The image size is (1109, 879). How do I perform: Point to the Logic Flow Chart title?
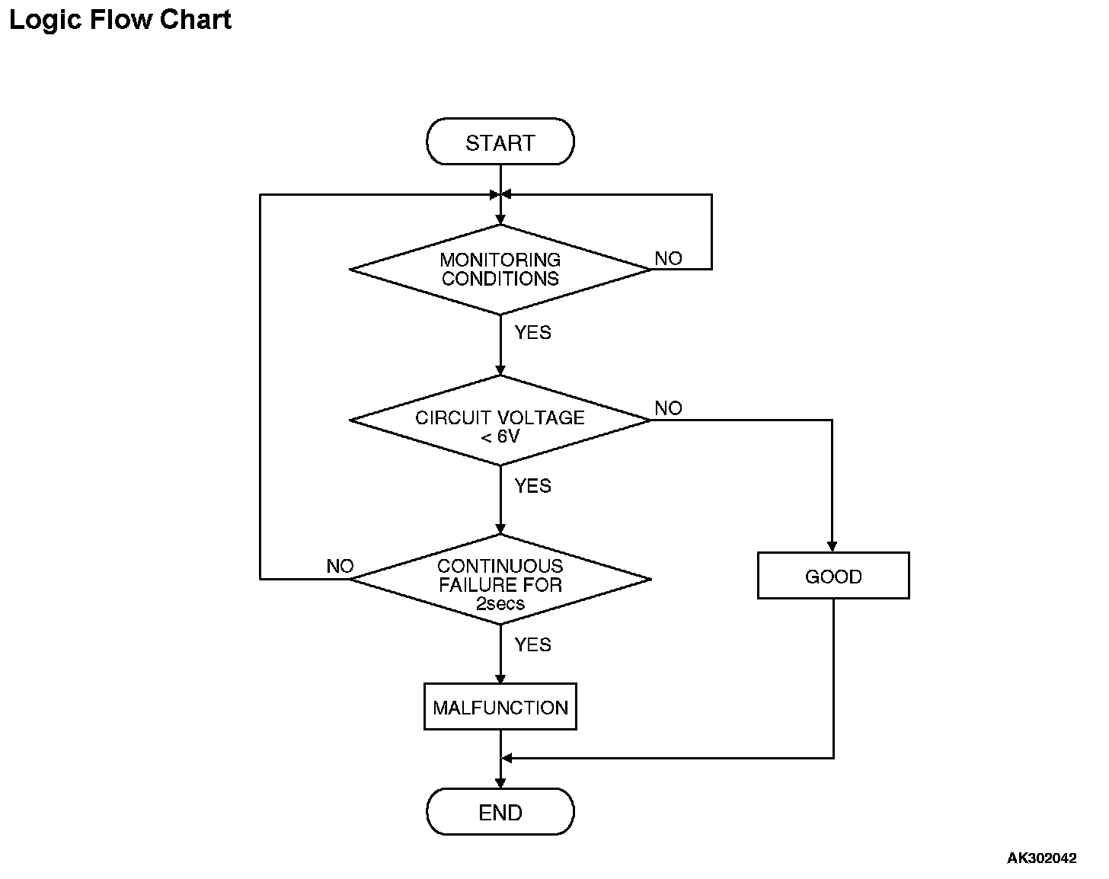pyautogui.click(x=120, y=21)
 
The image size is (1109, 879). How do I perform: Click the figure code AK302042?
pyautogui.click(x=1041, y=858)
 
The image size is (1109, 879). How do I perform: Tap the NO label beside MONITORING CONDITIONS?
pyautogui.click(x=669, y=258)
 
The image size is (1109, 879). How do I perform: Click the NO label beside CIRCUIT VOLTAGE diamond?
pyautogui.click(x=669, y=408)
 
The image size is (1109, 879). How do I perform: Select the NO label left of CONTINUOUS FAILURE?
pyautogui.click(x=340, y=566)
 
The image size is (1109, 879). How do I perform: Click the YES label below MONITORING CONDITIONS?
pyautogui.click(x=533, y=333)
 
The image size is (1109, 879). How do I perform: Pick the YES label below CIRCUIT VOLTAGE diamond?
pyautogui.click(x=533, y=486)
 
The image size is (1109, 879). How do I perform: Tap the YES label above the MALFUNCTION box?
pyautogui.click(x=533, y=644)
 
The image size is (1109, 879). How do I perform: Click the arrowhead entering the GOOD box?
pyautogui.click(x=832, y=546)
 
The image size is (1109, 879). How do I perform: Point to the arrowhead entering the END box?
pyautogui.click(x=500, y=782)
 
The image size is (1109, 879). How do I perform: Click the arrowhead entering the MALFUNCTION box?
pyautogui.click(x=500, y=678)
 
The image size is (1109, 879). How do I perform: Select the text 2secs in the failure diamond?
pyautogui.click(x=500, y=603)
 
